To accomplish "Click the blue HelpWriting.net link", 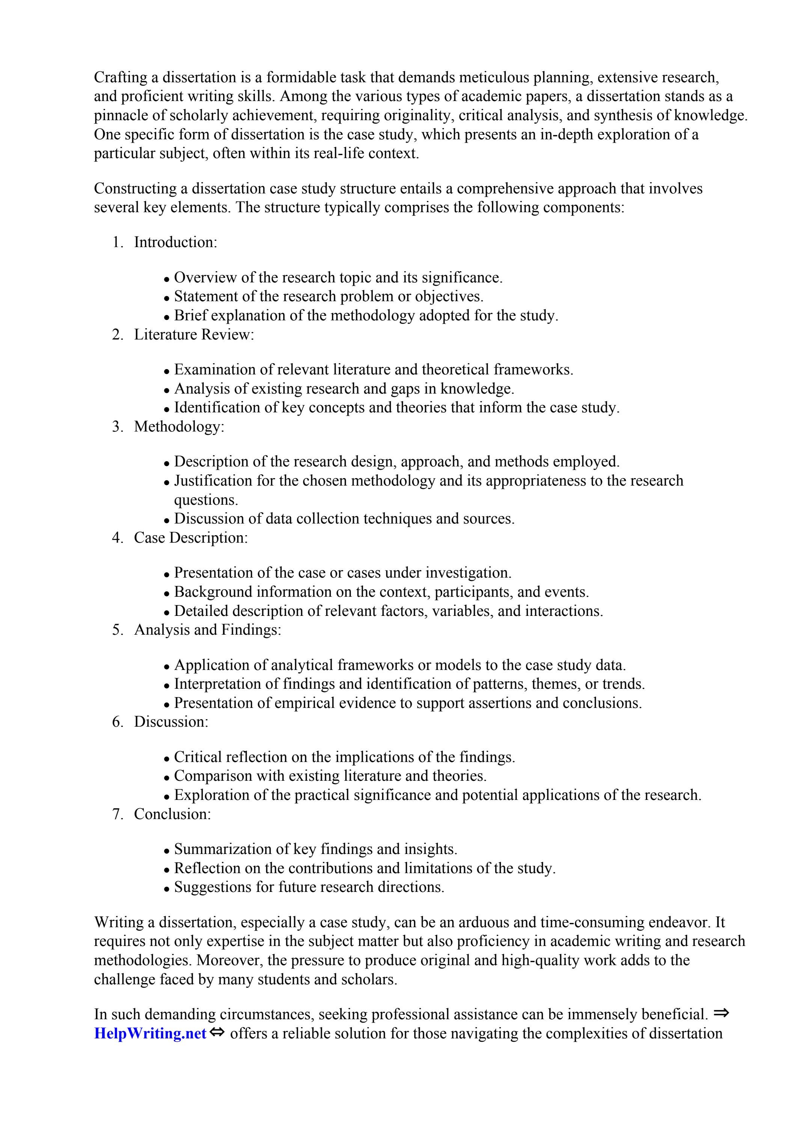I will coord(150,1033).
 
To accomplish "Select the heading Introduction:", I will coord(175,242).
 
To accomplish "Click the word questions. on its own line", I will coord(206,500).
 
